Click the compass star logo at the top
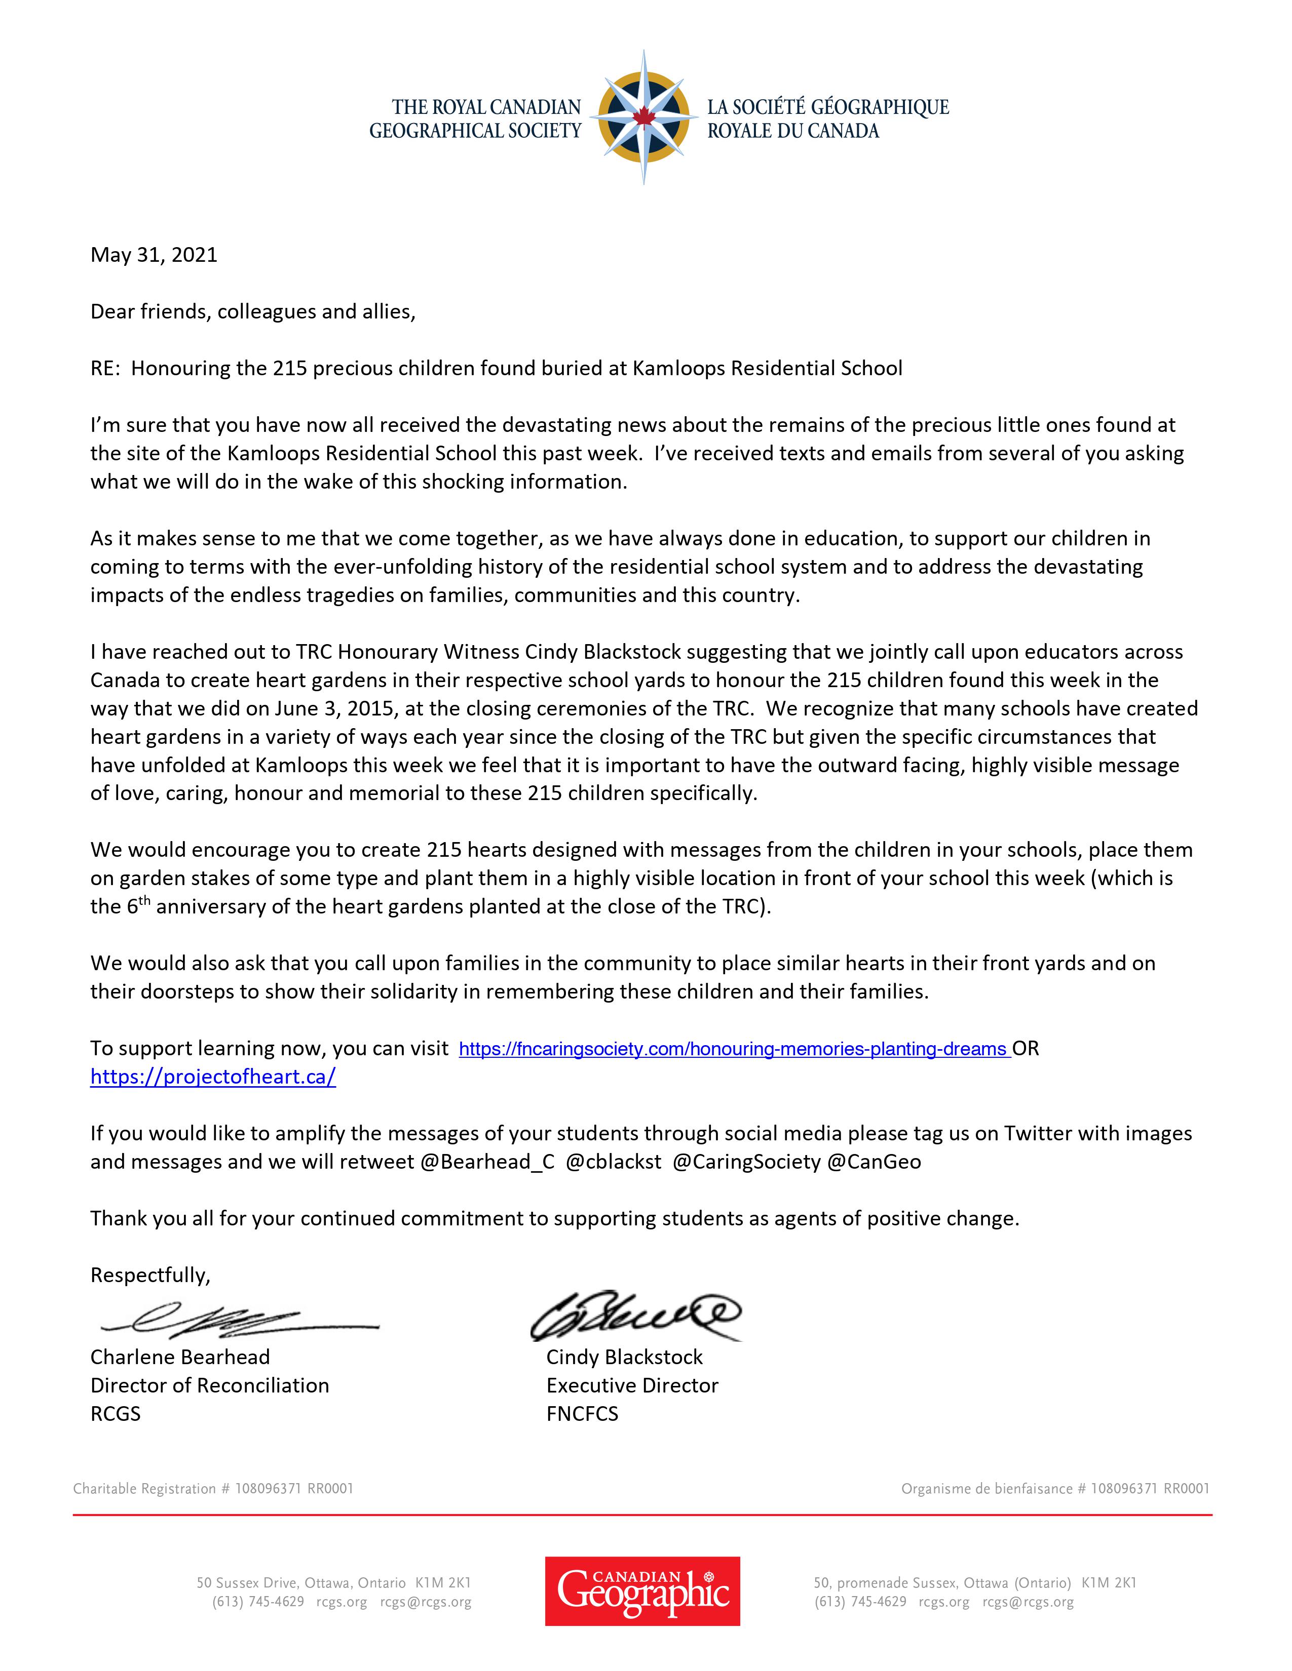[x=643, y=117]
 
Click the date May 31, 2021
[x=154, y=255]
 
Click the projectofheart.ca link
[x=213, y=1077]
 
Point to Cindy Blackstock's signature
[x=635, y=1315]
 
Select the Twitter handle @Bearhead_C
[x=487, y=1162]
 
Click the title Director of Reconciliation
[x=210, y=1385]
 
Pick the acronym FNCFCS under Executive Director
[x=582, y=1413]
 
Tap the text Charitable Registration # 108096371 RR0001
[x=213, y=1488]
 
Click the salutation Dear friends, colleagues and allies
[x=253, y=311]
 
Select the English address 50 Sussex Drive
[x=334, y=1583]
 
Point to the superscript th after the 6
[x=145, y=900]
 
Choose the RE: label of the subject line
[x=105, y=368]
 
